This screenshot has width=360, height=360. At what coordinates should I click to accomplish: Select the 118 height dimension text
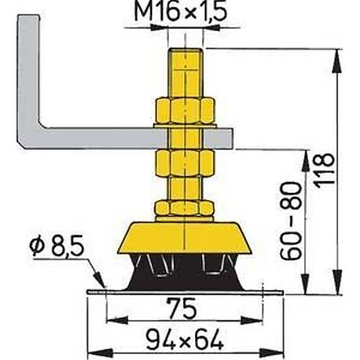click(x=329, y=169)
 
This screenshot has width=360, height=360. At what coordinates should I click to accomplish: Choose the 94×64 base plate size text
click(x=185, y=336)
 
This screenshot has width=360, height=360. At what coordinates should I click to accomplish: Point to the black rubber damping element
click(x=186, y=272)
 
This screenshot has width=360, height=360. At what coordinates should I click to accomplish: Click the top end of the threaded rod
click(x=186, y=52)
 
